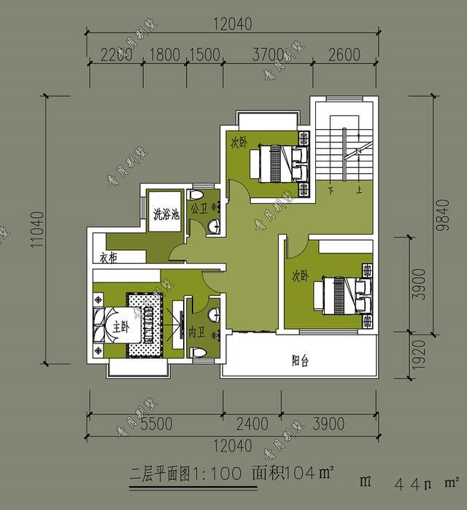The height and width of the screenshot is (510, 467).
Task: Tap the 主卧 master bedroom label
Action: tap(120, 329)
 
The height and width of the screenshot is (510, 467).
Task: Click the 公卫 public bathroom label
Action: tap(199, 209)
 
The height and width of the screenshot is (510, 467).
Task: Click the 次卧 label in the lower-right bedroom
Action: tap(300, 276)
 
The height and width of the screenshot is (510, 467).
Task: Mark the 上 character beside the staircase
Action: tap(358, 191)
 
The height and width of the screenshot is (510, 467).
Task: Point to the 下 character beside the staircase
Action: tap(331, 191)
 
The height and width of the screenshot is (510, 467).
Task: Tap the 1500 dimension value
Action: tap(205, 53)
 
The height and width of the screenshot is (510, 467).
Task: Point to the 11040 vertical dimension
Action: tap(38, 231)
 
